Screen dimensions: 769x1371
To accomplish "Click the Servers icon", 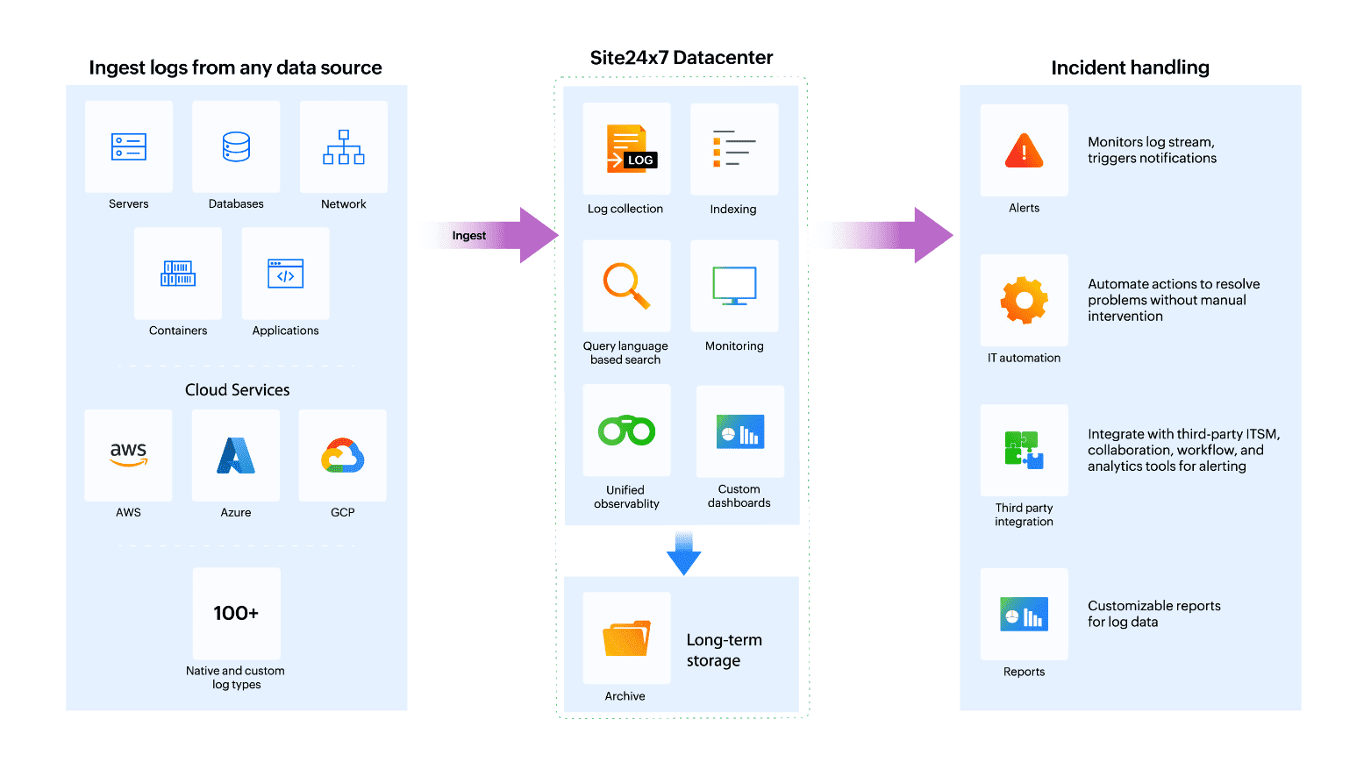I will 129,146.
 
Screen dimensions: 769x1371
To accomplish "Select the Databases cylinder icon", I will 236,146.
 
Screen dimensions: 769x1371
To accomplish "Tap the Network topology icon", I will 344,147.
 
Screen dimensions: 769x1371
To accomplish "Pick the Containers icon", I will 178,274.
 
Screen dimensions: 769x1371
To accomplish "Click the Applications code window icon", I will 286,274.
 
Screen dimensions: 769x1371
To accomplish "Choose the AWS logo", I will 128,454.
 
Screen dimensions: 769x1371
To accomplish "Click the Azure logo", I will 236,456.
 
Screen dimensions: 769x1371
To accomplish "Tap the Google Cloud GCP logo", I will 343,456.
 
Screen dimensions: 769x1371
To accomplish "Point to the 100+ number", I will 236,613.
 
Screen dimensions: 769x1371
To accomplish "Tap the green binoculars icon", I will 626,431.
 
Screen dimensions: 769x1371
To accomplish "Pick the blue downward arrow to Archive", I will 683,553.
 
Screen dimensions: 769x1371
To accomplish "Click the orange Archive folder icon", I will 626,638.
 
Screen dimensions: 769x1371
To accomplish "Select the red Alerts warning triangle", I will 1024,151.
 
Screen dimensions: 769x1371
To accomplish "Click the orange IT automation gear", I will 1024,301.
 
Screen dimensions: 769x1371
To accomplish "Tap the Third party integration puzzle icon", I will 1024,450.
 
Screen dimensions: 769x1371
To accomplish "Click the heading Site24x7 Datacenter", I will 682,58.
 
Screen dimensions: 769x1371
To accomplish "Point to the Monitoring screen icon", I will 734,286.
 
